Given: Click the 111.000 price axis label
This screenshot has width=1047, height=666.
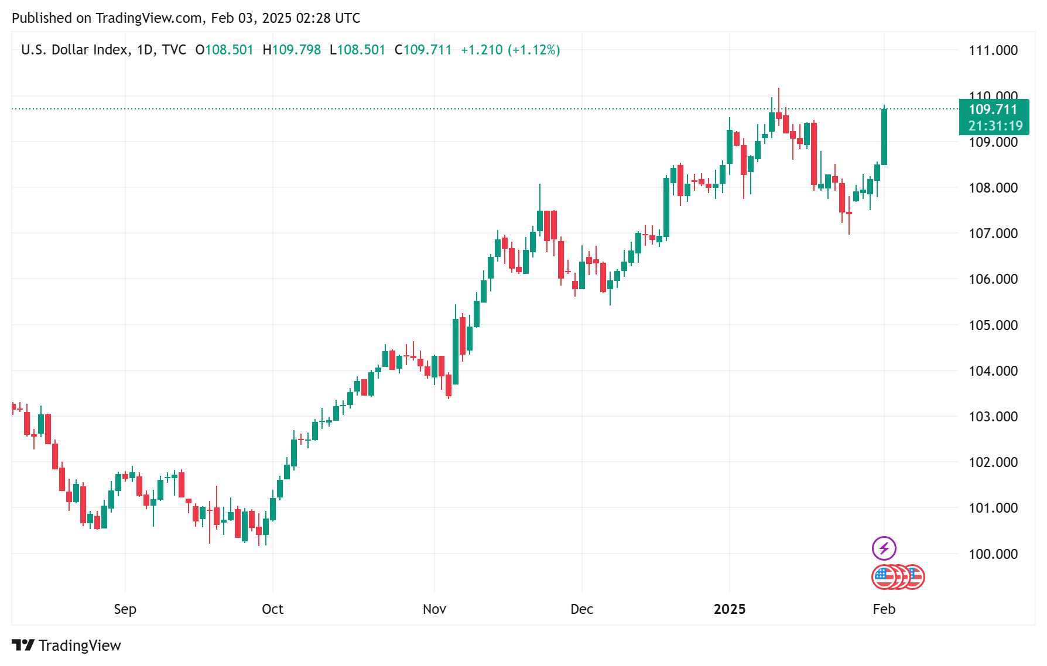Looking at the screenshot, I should pyautogui.click(x=993, y=50).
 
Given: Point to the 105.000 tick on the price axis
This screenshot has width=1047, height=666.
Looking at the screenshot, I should pyautogui.click(x=993, y=325).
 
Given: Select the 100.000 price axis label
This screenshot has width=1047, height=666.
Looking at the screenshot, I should pyautogui.click(x=993, y=554).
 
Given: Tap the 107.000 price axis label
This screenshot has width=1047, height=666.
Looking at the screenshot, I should pyautogui.click(x=993, y=234).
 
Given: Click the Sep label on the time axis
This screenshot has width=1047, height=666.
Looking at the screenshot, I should pyautogui.click(x=125, y=609).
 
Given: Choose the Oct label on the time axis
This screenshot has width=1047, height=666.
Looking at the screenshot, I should pyautogui.click(x=272, y=609).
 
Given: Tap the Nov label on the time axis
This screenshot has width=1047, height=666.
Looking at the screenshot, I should pyautogui.click(x=434, y=609).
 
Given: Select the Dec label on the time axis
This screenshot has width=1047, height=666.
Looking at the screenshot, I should pyautogui.click(x=581, y=609).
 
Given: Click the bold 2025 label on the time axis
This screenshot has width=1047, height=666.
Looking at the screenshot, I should pyautogui.click(x=729, y=609).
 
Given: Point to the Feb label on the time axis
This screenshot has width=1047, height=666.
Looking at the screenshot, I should pyautogui.click(x=884, y=609).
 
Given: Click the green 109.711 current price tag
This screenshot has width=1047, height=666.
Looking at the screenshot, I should pyautogui.click(x=993, y=109).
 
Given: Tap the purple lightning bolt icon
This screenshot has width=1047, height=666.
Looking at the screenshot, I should pyautogui.click(x=884, y=548).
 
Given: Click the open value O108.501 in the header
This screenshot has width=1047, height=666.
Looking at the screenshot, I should pyautogui.click(x=224, y=50).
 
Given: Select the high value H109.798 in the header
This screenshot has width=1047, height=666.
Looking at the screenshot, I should pyautogui.click(x=292, y=50).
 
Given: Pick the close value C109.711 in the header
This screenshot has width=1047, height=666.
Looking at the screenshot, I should pyautogui.click(x=423, y=50).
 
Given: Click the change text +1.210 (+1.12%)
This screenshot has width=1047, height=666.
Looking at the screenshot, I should pyautogui.click(x=510, y=50).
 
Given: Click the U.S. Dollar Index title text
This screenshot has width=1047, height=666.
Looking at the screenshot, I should pyautogui.click(x=74, y=50).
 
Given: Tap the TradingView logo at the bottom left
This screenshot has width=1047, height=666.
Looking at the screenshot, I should pyautogui.click(x=66, y=645).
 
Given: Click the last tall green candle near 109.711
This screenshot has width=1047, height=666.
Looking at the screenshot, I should pyautogui.click(x=884, y=137).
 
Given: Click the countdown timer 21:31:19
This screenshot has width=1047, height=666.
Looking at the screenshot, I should pyautogui.click(x=995, y=126).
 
